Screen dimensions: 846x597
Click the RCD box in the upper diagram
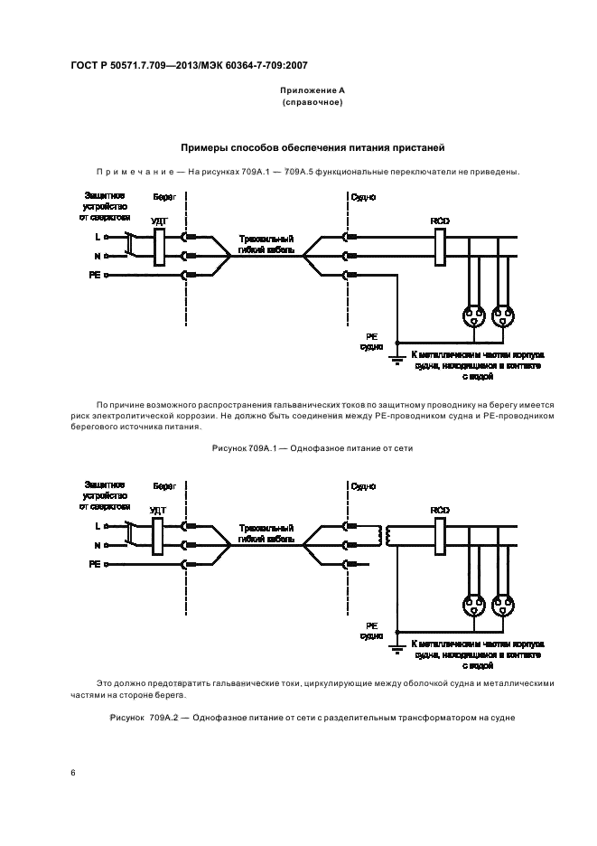click(442, 245)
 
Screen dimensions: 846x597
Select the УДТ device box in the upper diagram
click(159, 246)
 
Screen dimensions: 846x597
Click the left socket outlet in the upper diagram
click(471, 316)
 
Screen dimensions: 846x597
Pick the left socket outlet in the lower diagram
click(471, 606)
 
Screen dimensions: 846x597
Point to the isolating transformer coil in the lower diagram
click(390, 536)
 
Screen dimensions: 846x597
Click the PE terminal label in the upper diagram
click(94, 274)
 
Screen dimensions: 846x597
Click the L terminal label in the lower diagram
click(97, 526)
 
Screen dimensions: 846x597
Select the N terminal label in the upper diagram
click(97, 256)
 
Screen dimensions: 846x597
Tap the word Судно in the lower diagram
click(363, 485)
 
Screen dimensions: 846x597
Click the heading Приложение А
click(312, 91)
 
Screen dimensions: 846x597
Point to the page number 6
click(72, 773)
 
